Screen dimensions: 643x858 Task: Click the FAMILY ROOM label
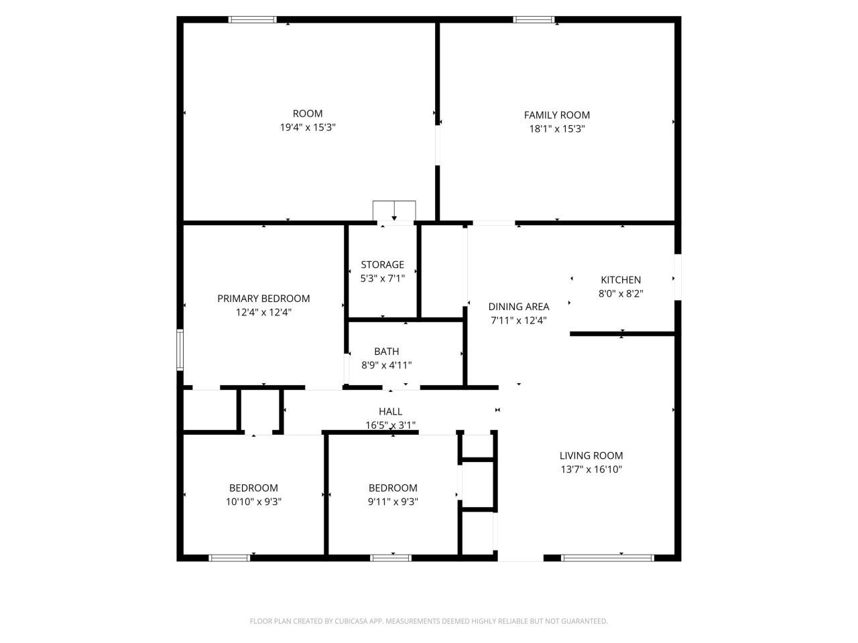click(556, 115)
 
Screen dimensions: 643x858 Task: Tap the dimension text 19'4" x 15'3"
click(308, 127)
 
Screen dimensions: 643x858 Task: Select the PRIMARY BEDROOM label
click(263, 299)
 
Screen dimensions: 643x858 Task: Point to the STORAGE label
click(382, 265)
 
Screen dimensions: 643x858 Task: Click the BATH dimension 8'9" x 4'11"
click(386, 365)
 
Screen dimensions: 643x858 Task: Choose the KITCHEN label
click(620, 280)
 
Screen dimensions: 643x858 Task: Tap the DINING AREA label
click(518, 307)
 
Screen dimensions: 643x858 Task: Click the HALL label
click(390, 411)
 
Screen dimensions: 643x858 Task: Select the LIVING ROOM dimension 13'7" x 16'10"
click(591, 470)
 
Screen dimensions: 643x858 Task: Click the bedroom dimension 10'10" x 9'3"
click(253, 502)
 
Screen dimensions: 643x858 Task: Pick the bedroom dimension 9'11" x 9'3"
click(393, 502)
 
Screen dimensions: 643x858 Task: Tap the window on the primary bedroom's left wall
click(180, 349)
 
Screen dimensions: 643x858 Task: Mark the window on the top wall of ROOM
click(253, 20)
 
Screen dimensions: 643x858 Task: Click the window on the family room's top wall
click(534, 20)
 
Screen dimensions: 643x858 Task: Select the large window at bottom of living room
click(607, 557)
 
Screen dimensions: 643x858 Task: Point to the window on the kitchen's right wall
click(678, 277)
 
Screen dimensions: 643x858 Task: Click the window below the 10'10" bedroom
click(229, 557)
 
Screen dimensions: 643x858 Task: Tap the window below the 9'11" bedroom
click(391, 557)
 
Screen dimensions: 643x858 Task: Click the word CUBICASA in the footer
click(349, 622)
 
